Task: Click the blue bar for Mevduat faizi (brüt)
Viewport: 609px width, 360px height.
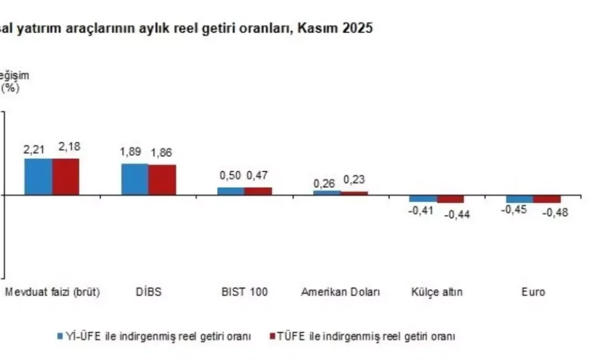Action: click(38, 177)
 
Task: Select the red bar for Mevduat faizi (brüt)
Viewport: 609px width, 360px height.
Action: click(66, 177)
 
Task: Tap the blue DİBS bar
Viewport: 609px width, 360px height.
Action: click(135, 179)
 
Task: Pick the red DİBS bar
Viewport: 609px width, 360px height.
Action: click(162, 180)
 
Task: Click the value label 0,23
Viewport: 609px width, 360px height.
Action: click(354, 180)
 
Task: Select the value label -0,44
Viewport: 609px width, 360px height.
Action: click(457, 215)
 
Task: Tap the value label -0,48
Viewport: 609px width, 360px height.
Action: click(555, 212)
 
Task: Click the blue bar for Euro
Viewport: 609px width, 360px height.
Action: click(519, 199)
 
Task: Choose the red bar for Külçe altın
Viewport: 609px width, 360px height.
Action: click(451, 199)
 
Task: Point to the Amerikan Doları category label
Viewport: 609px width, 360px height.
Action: click(340, 292)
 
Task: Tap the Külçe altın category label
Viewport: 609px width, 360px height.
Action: click(437, 292)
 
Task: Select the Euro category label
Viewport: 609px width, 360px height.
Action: click(533, 292)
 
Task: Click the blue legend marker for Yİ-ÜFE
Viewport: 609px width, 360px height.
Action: click(60, 336)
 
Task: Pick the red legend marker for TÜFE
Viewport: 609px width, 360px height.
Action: click(271, 336)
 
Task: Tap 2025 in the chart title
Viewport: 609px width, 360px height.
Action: click(358, 28)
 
